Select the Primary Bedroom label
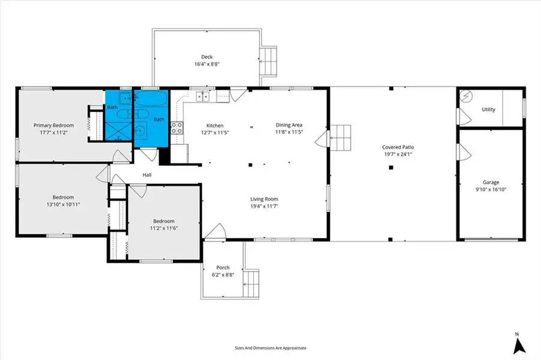pos(53,126)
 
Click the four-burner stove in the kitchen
pos(178,127)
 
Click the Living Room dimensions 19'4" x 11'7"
pos(264,206)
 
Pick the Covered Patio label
pos(399,147)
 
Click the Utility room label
pos(489,109)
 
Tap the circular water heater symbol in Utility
pos(467,96)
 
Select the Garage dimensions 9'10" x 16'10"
pos(491,189)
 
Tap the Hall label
pos(147,175)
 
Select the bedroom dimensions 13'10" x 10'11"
pos(63,204)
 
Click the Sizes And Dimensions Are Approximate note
pos(270,348)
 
